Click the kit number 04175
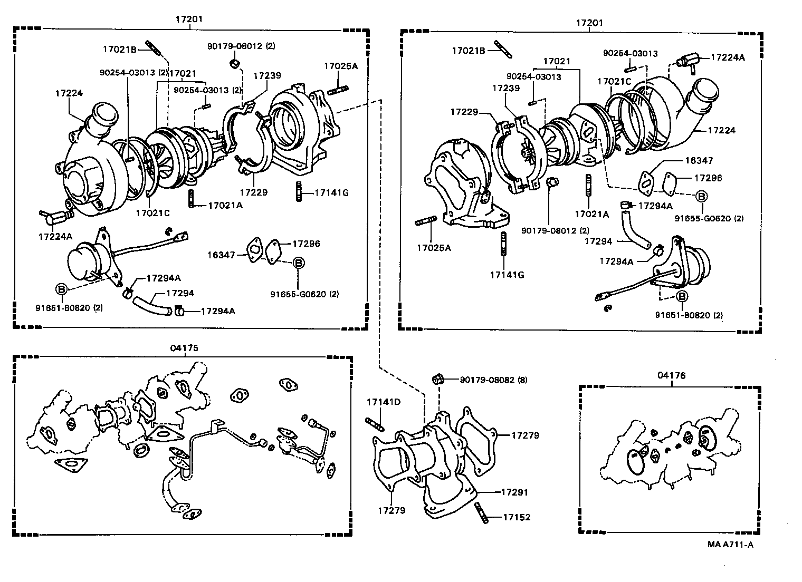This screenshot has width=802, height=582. click(184, 348)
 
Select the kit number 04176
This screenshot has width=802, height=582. click(671, 375)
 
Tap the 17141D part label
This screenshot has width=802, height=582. click(384, 402)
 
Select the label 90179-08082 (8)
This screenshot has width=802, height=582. click(493, 380)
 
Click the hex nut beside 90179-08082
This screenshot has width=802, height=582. click(437, 379)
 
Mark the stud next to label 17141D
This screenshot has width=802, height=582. click(374, 423)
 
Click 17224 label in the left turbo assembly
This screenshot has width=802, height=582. click(69, 93)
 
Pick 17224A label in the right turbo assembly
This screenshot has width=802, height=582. click(728, 57)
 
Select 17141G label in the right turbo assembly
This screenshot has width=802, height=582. click(507, 275)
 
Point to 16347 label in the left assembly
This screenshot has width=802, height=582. click(220, 255)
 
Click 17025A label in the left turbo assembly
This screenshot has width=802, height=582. click(340, 66)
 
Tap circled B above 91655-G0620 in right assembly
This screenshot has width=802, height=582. click(701, 196)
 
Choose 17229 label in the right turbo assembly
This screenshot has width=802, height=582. click(464, 112)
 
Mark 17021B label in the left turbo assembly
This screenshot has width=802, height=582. click(119, 50)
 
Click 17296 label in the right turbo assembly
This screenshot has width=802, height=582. click(708, 178)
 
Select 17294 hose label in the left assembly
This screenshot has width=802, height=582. click(180, 293)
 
